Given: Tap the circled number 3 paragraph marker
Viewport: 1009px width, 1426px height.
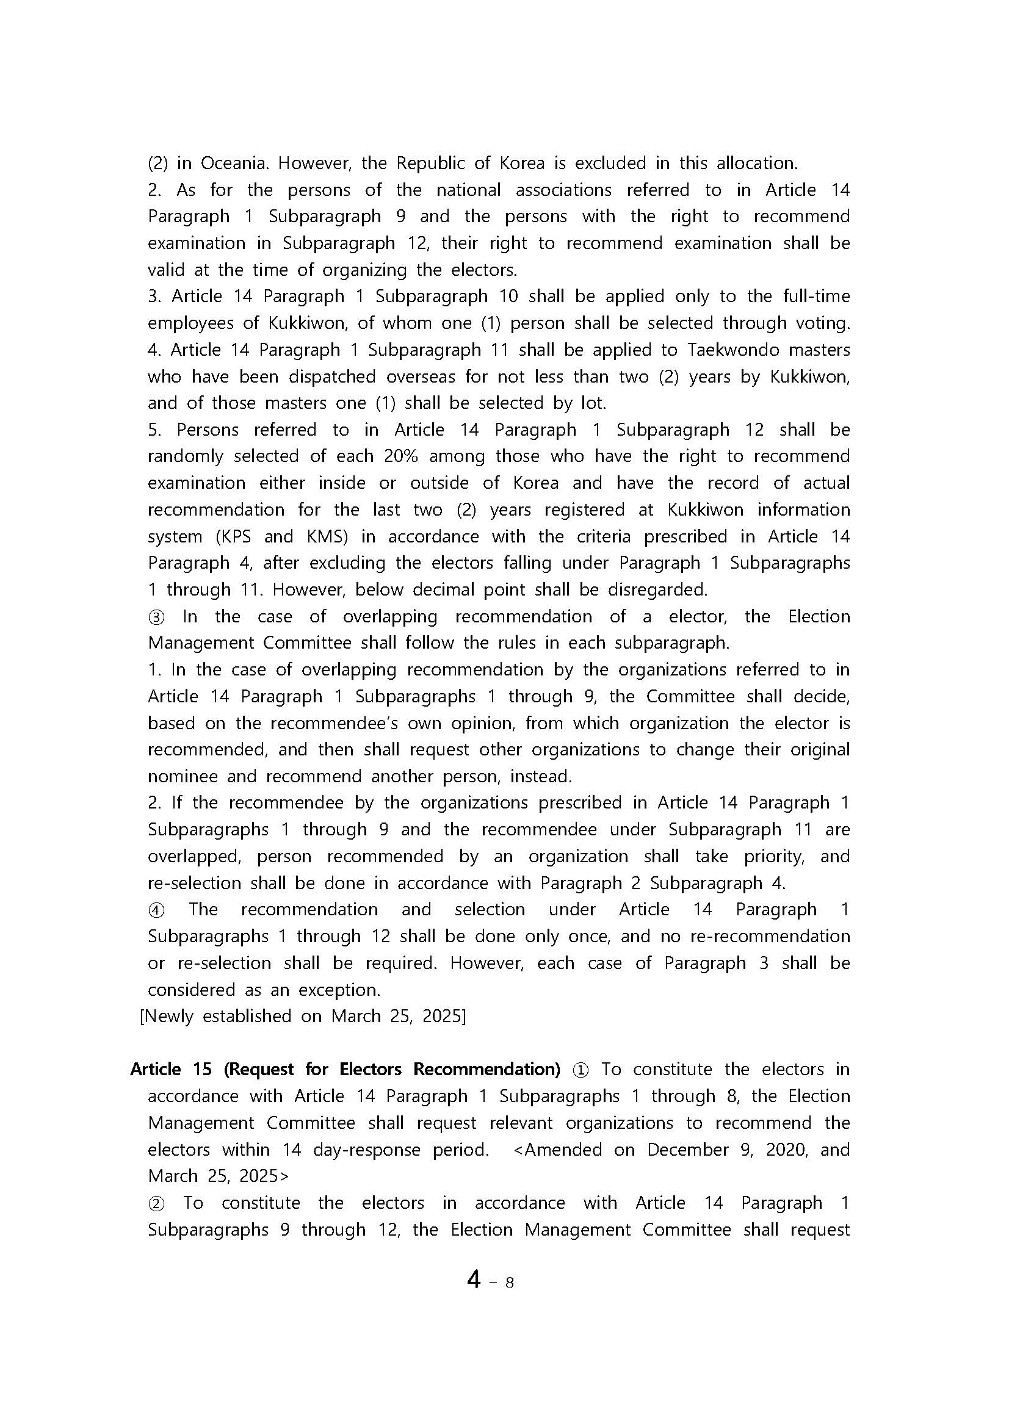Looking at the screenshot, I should pyautogui.click(x=156, y=618).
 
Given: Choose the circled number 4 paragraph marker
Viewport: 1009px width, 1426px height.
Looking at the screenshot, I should pyautogui.click(x=156, y=910).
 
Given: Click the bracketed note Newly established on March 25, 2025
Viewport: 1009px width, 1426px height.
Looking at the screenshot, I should pyautogui.click(x=303, y=1016).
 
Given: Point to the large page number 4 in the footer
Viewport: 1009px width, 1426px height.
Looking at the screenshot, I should pyautogui.click(x=474, y=1280).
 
